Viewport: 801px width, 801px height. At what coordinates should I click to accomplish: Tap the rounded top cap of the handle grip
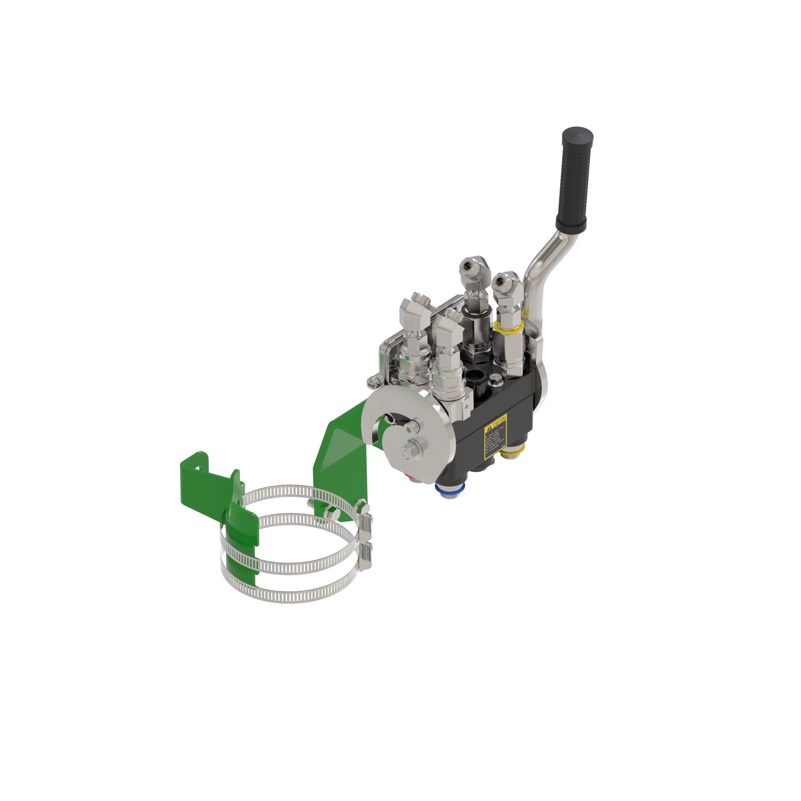point(578,135)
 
